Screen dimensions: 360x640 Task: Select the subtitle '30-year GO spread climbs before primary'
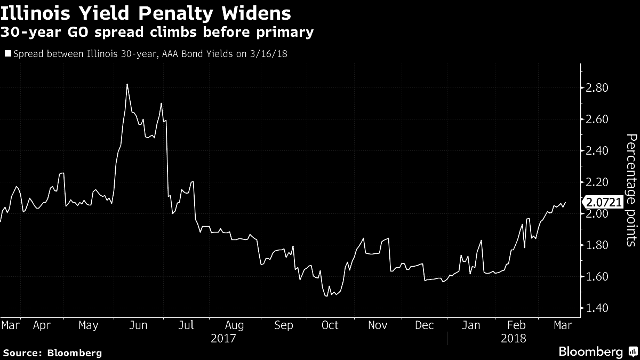coord(157,33)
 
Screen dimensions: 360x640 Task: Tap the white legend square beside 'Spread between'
coord(7,54)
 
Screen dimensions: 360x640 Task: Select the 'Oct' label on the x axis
coord(330,325)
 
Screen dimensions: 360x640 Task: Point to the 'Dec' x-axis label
coord(424,325)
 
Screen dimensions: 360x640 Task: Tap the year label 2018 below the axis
coord(514,339)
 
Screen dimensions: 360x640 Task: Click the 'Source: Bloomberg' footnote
coord(52,353)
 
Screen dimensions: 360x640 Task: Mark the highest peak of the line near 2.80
coord(127,84)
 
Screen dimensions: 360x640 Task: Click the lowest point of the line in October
coord(326,295)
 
